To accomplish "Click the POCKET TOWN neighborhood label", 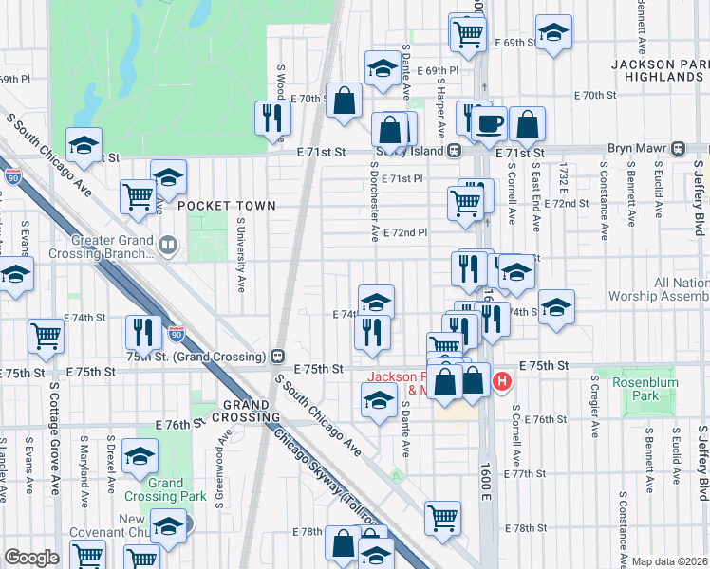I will [226, 206].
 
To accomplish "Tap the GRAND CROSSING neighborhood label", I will [252, 411].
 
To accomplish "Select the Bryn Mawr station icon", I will [679, 150].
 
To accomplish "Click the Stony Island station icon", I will [455, 151].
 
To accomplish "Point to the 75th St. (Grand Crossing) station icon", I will [277, 357].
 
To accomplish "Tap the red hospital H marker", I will [502, 382].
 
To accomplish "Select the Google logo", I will [31, 558].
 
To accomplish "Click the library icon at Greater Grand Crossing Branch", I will [168, 247].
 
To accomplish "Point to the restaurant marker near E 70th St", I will [271, 118].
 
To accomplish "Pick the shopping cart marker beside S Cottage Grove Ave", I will [46, 334].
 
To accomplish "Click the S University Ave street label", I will [241, 253].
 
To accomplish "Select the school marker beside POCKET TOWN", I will [168, 176].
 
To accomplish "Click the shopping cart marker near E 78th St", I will [442, 517].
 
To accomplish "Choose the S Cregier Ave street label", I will [593, 408].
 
